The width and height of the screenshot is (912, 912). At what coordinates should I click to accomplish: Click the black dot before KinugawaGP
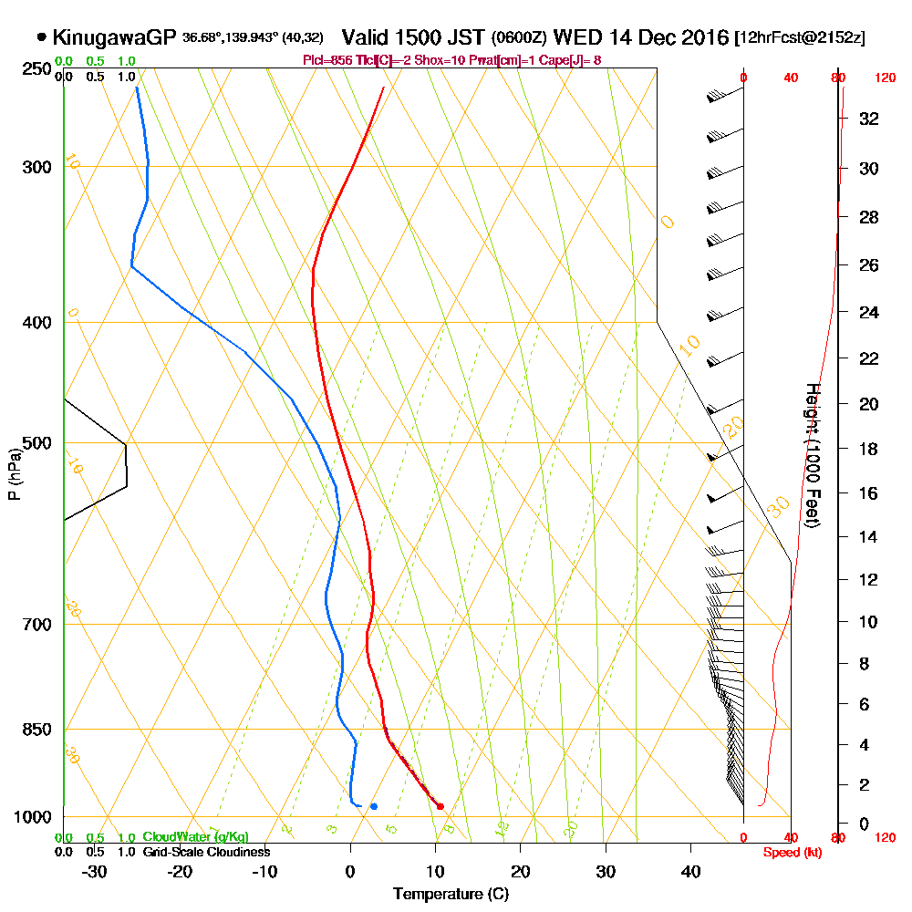(42, 37)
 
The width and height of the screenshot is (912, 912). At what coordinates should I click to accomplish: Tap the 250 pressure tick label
(35, 68)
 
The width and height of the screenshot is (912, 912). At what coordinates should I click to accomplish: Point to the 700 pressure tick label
(35, 625)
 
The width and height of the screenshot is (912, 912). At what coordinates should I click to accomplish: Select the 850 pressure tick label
(35, 730)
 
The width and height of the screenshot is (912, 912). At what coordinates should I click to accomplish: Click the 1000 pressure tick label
(31, 817)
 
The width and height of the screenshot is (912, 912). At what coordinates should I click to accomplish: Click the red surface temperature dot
(440, 806)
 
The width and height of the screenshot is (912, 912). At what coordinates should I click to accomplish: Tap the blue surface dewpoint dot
(373, 806)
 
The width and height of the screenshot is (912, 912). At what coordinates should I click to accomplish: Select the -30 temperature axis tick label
(95, 871)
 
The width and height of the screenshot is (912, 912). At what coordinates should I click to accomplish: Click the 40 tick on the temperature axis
(690, 871)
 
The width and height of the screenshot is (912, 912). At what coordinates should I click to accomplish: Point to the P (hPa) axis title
(14, 474)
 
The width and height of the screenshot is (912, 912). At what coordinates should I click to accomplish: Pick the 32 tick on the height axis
(868, 119)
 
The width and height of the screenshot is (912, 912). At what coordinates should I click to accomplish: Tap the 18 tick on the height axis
(868, 449)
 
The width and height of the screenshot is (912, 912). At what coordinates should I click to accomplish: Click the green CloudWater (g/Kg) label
(194, 837)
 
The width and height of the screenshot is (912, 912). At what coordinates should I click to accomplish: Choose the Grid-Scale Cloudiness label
(205, 852)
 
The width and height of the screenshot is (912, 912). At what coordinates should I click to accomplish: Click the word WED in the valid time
(573, 37)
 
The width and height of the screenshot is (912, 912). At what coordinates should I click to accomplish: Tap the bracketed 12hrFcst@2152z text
(799, 38)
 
